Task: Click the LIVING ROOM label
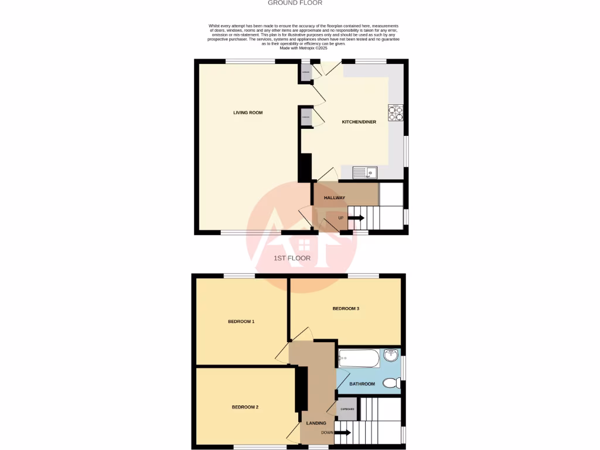[247, 112]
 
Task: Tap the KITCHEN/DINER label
[359, 122]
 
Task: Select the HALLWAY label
[335, 198]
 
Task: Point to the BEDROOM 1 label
[241, 321]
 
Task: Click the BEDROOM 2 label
[245, 407]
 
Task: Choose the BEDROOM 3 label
[346, 308]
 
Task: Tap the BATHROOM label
[362, 384]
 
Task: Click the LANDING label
[316, 423]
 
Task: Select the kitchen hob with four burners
[396, 112]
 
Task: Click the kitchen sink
[366, 172]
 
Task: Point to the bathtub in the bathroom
[359, 357]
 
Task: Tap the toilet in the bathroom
[391, 383]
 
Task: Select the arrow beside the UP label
[356, 218]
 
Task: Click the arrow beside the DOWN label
[343, 433]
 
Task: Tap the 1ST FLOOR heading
[292, 258]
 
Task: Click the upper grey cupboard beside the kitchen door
[306, 73]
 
